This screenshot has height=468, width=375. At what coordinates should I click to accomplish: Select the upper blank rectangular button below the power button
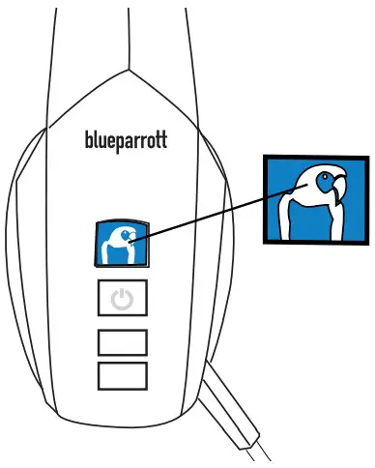tap(123, 341)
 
